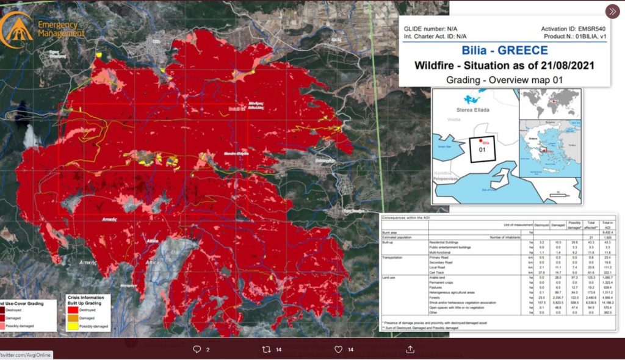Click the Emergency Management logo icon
pos(16,29)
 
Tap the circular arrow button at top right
pos(612,12)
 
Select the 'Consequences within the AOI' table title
pos(410,217)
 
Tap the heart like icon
pos(338,350)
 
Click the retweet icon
pos(266,350)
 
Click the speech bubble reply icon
pos(197,350)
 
